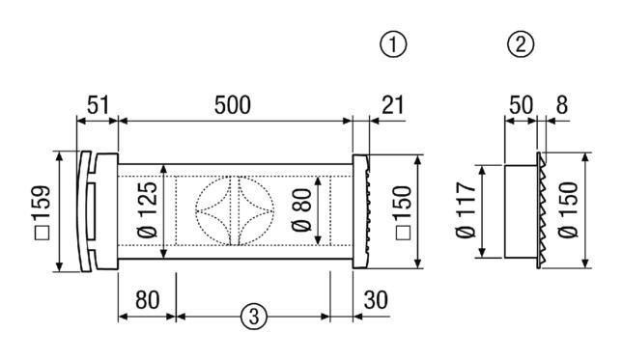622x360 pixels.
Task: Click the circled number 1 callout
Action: click(393, 44)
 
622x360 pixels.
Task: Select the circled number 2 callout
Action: click(521, 44)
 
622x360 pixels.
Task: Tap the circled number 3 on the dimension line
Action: click(253, 317)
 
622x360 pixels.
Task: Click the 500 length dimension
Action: click(233, 105)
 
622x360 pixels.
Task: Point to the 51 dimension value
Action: click(98, 105)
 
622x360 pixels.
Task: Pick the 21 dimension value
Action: click(392, 105)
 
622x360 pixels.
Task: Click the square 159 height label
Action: click(42, 212)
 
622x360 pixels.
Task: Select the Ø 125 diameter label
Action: click(148, 209)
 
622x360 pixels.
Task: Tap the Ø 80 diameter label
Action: click(301, 209)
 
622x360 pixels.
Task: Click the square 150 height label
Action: click(404, 212)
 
